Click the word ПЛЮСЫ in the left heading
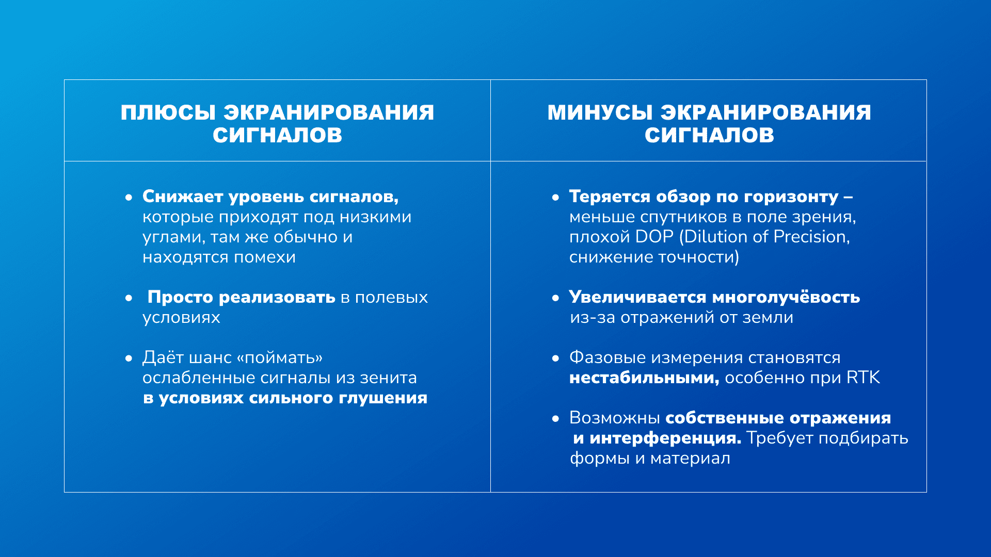click(x=168, y=112)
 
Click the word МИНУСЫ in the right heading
click(x=601, y=112)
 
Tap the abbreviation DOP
click(x=654, y=237)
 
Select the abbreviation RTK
click(x=863, y=378)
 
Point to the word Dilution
click(x=714, y=237)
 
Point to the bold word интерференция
click(x=665, y=438)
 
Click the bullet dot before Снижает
click(x=129, y=197)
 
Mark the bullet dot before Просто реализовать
click(x=129, y=298)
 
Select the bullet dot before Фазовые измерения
click(x=555, y=358)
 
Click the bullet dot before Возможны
click(x=555, y=418)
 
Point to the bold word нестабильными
click(x=644, y=378)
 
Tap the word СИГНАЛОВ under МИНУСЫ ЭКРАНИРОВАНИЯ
click(x=709, y=135)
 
